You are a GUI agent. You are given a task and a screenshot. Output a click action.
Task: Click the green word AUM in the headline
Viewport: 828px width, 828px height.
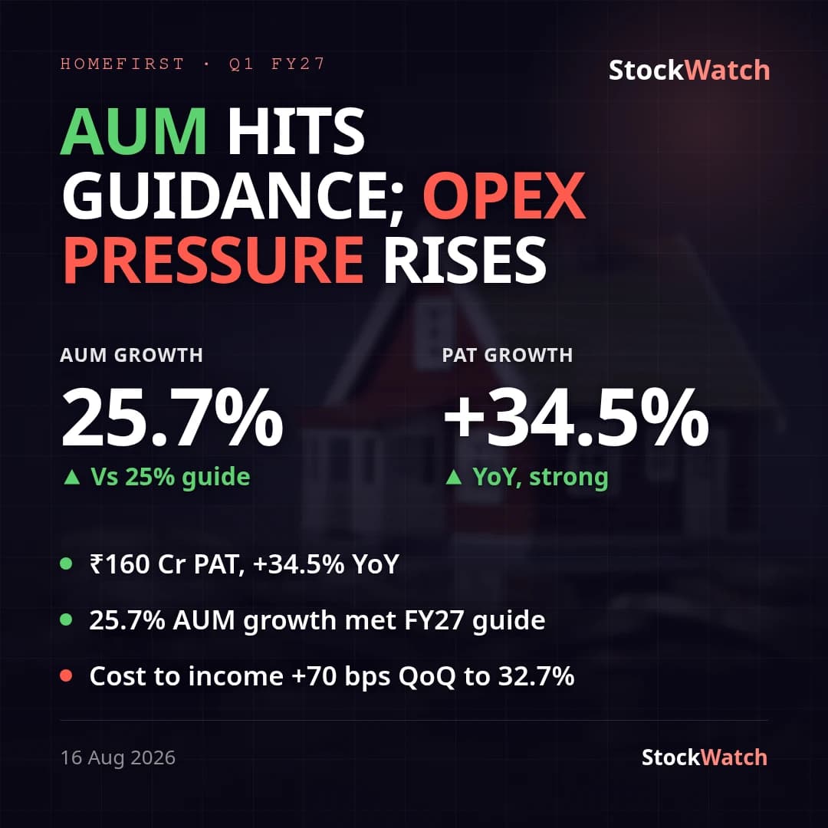pyautogui.click(x=133, y=131)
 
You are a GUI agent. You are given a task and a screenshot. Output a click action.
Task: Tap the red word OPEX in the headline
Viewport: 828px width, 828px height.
pyautogui.click(x=504, y=195)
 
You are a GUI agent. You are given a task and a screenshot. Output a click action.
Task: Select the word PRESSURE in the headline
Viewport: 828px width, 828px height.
pyautogui.click(x=213, y=261)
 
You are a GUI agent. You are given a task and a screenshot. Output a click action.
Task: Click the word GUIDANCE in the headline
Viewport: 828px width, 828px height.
pyautogui.click(x=233, y=196)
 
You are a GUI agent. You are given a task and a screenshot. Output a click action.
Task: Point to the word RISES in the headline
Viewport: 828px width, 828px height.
pyautogui.click(x=464, y=261)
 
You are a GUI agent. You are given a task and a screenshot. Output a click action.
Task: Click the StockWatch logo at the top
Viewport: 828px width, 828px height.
pyautogui.click(x=689, y=71)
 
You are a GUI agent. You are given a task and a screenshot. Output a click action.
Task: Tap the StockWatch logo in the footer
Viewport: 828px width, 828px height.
pyautogui.click(x=704, y=757)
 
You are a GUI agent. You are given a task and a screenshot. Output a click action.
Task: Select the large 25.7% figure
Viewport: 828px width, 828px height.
pyautogui.click(x=172, y=418)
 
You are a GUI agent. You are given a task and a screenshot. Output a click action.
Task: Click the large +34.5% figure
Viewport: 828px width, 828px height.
pyautogui.click(x=576, y=418)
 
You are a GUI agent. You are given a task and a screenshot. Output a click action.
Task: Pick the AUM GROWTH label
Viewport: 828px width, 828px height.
pyautogui.click(x=132, y=355)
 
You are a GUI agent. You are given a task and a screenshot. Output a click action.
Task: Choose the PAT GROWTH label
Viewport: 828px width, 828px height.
pyautogui.click(x=508, y=355)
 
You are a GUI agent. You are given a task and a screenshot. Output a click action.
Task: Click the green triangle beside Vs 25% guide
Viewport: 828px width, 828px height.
pyautogui.click(x=72, y=478)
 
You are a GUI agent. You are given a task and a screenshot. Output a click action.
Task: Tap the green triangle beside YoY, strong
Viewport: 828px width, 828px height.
pyautogui.click(x=454, y=478)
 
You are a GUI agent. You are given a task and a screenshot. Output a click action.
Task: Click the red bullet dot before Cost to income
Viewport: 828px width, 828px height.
pyautogui.click(x=66, y=675)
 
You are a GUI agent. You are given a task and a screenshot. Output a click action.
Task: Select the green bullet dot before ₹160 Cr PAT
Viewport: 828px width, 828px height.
pyautogui.click(x=66, y=563)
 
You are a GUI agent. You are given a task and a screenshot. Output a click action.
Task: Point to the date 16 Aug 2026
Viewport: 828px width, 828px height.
pyautogui.click(x=118, y=757)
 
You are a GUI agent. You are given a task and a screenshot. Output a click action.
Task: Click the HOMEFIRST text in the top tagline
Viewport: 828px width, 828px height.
pyautogui.click(x=122, y=64)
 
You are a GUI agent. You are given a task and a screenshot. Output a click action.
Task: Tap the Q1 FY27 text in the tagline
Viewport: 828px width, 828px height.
pyautogui.click(x=277, y=64)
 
